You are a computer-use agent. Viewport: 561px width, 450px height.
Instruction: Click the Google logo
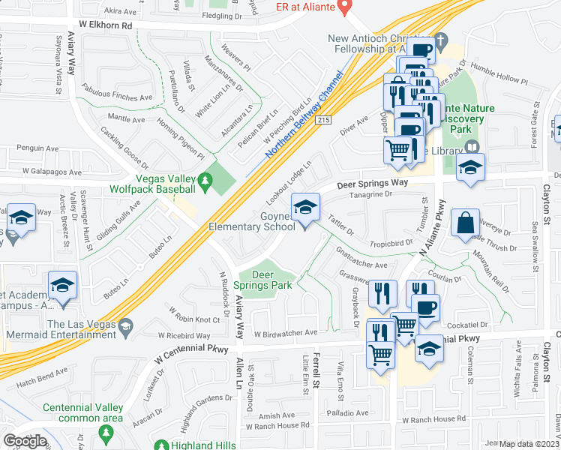[25, 441]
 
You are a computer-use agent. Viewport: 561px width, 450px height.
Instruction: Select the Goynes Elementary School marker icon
[304, 207]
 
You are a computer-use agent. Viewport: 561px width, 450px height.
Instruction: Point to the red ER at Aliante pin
[345, 7]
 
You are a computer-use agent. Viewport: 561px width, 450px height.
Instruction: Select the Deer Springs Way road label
[372, 184]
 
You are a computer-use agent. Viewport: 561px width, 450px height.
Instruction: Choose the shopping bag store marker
[465, 222]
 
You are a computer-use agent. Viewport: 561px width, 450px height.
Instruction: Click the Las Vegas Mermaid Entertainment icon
[126, 324]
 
